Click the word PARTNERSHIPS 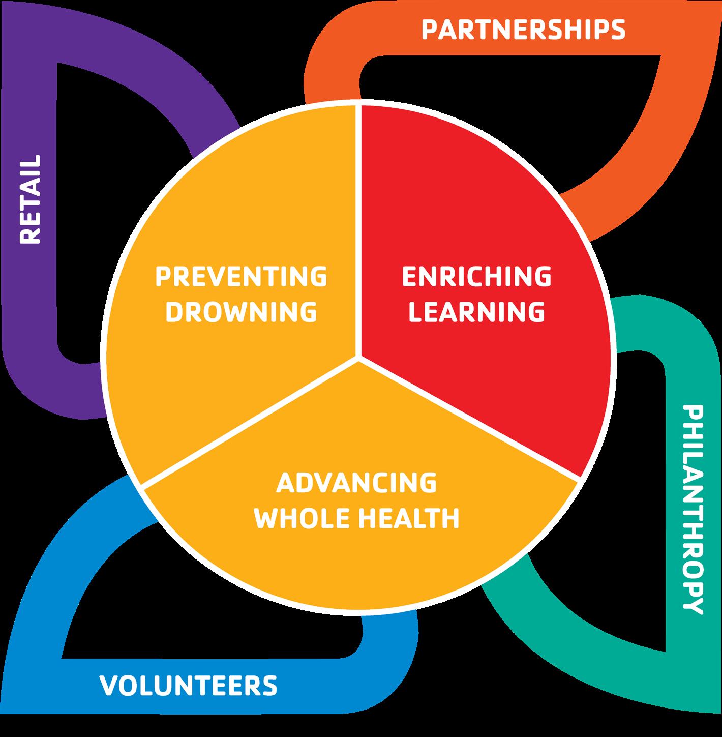point(523,30)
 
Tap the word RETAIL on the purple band point(29,199)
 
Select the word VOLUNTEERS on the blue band point(188,685)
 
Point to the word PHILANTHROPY point(692,509)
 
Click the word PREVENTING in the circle point(241,277)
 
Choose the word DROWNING point(241,311)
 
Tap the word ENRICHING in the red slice point(476,277)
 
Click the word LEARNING point(476,311)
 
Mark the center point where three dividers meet point(360,358)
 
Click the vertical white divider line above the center point(360,229)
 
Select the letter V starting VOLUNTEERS point(108,685)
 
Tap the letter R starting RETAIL point(29,235)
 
